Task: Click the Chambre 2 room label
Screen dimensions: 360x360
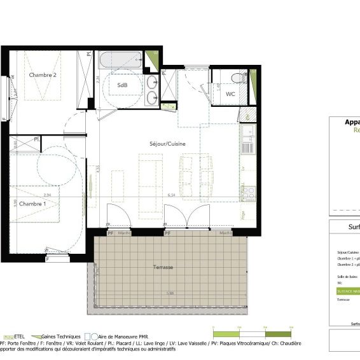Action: tap(43, 75)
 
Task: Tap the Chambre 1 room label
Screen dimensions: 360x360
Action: tap(32, 204)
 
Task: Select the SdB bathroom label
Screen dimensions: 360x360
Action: tap(122, 85)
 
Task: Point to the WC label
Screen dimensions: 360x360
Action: tap(231, 93)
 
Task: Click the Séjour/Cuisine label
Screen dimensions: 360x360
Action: tap(168, 144)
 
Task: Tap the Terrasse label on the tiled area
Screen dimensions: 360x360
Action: tap(163, 267)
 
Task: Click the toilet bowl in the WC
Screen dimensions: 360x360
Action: tap(236, 78)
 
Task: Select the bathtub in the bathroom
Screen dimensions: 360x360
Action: tap(120, 62)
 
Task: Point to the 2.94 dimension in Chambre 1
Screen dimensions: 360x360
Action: tap(46, 196)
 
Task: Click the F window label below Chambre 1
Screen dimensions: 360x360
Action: tap(48, 260)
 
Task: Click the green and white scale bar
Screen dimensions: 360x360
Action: tap(251, 334)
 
